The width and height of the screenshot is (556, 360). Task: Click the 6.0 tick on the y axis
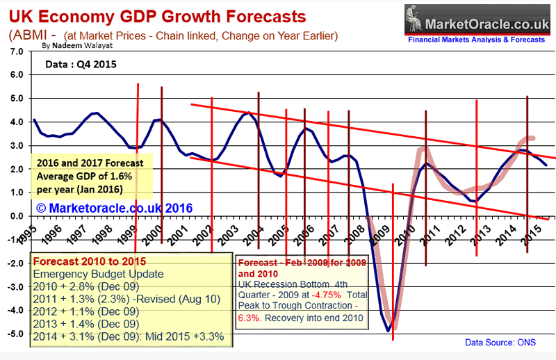point(15,74)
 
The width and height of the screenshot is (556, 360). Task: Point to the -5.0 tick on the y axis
point(13,334)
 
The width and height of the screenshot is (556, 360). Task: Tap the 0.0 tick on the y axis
point(15,216)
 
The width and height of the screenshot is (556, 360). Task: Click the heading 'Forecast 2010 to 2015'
point(85,261)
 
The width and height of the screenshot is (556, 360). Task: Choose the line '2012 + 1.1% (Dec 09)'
point(85,311)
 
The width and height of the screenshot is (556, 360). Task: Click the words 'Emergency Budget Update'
point(92,274)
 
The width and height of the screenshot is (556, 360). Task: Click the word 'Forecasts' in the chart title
point(247,15)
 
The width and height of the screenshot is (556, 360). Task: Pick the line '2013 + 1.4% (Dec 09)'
point(85,323)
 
